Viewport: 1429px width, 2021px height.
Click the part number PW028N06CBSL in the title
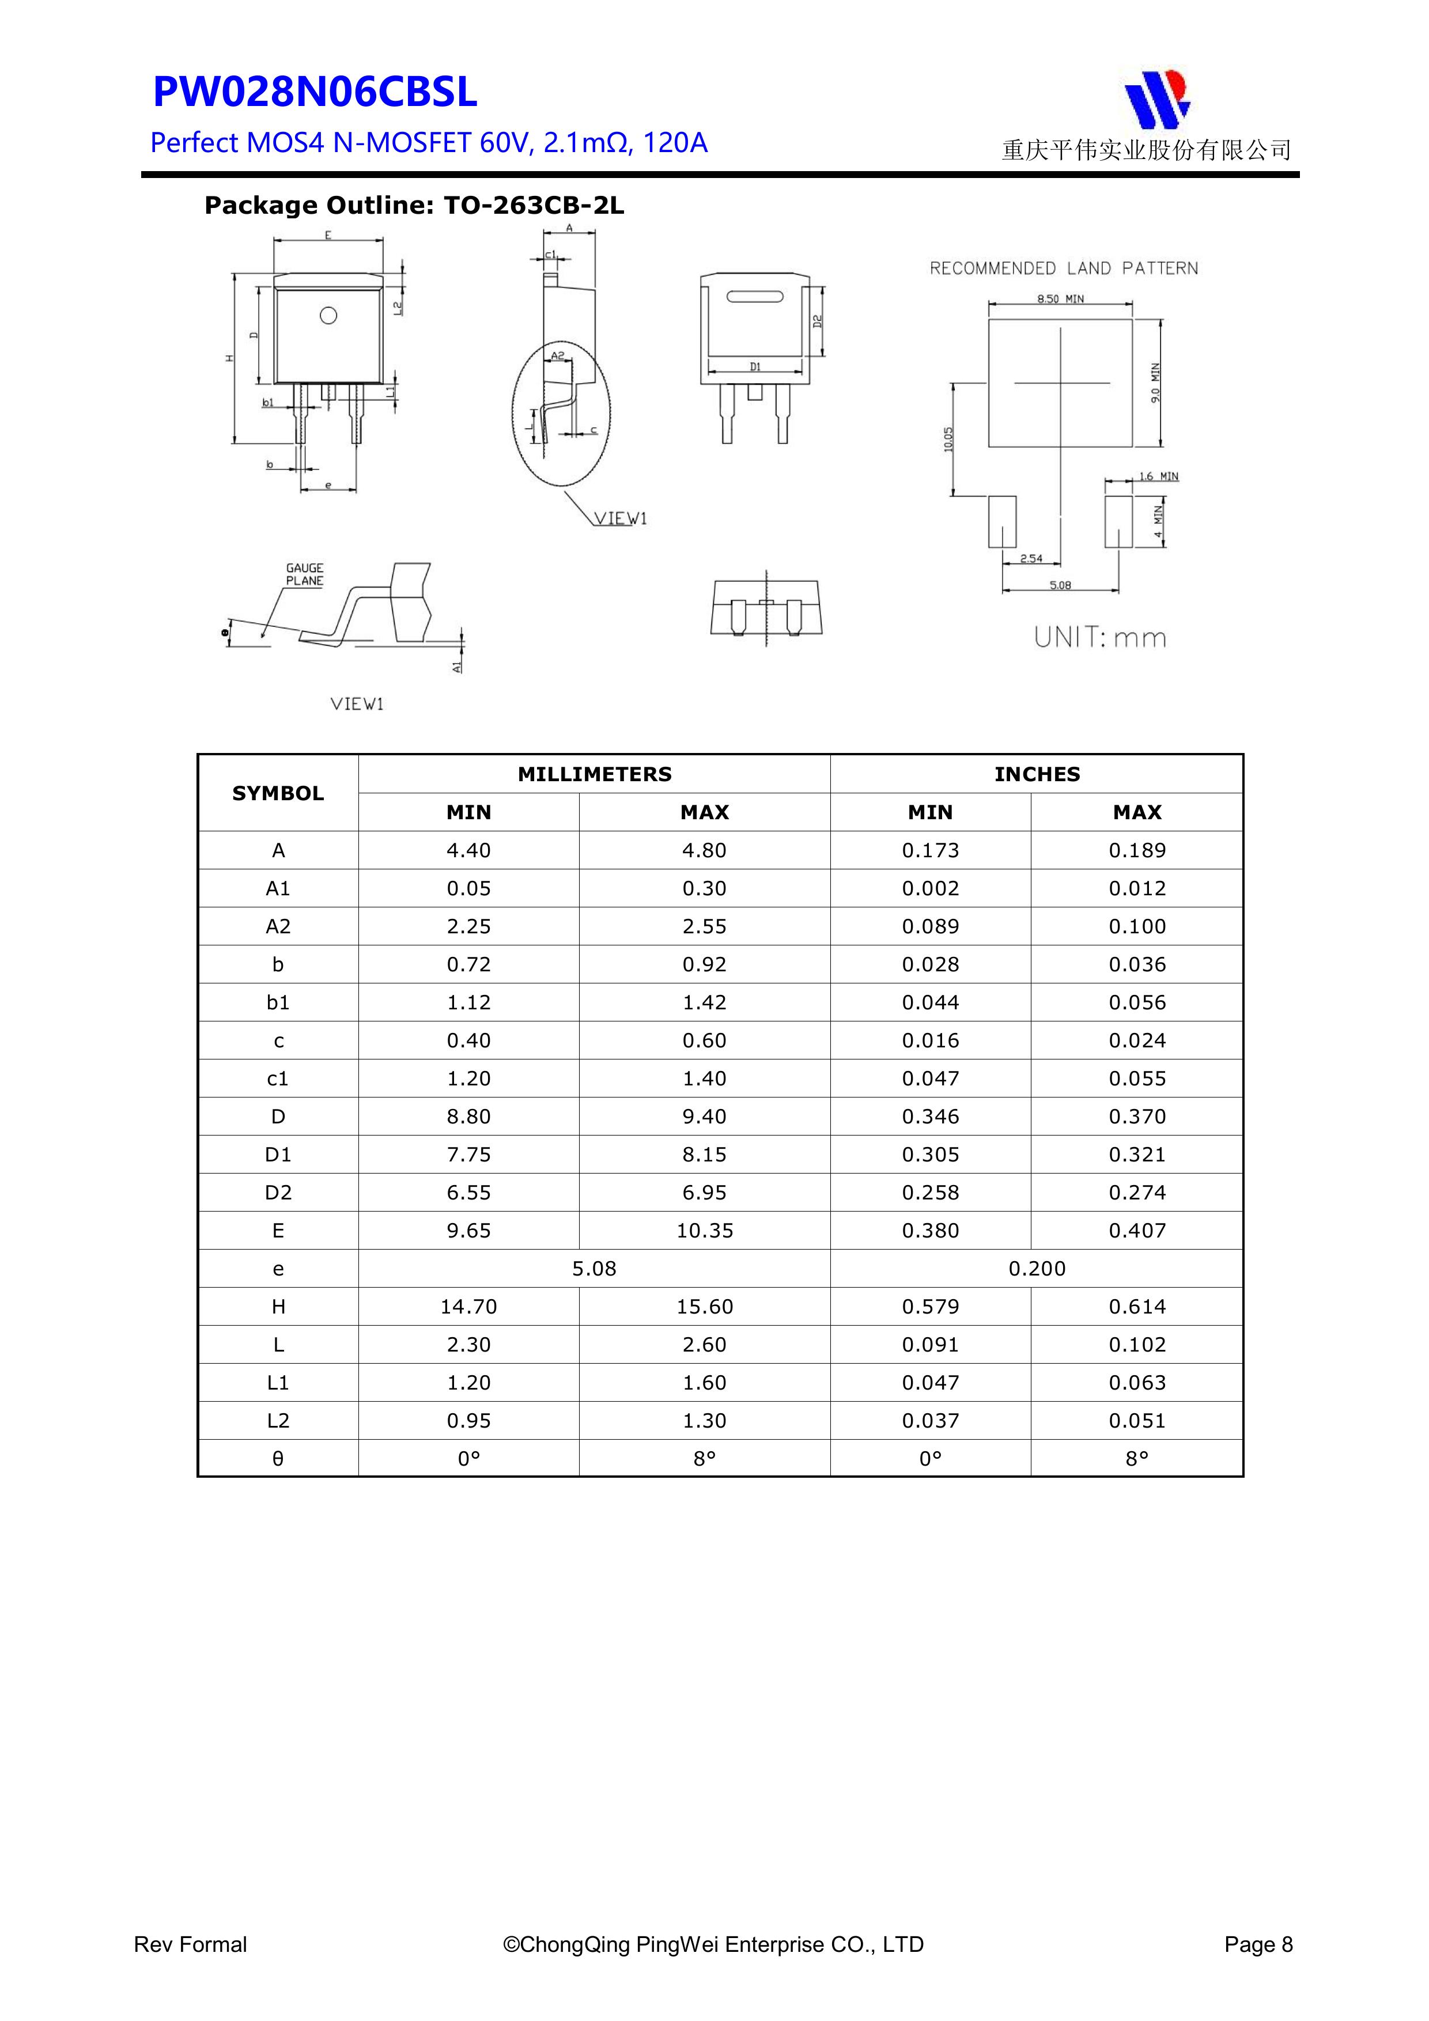315,92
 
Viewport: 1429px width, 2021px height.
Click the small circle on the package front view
328,315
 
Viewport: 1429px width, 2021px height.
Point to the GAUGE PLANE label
305,574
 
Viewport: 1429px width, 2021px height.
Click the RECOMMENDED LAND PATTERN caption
1064,268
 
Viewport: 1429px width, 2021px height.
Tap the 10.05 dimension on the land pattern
948,439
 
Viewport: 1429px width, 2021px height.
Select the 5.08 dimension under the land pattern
1060,585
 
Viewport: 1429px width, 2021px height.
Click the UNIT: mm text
1100,637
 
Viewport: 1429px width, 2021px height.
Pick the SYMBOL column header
278,793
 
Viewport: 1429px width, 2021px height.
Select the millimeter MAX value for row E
704,1231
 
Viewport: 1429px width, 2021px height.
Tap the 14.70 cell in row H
468,1306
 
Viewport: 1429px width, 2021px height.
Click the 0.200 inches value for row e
1036,1269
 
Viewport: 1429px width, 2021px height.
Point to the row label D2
278,1193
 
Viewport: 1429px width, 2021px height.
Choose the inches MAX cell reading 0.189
1137,850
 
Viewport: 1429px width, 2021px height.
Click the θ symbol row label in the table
278,1459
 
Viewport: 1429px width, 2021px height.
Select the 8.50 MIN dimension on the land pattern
1060,299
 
